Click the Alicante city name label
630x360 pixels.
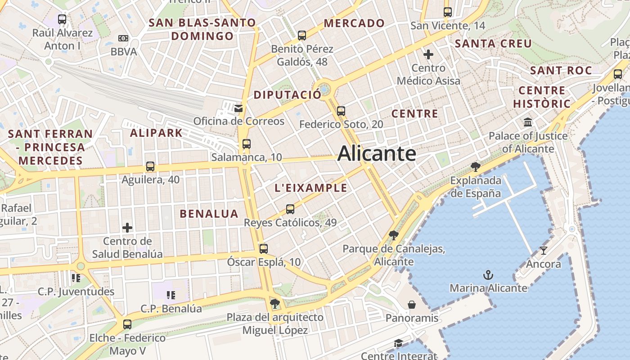pyautogui.click(x=376, y=153)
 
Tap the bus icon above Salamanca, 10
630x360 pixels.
pyautogui.click(x=246, y=144)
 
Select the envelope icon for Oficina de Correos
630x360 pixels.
pyautogui.click(x=238, y=108)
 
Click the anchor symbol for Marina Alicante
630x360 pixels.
pyautogui.click(x=488, y=274)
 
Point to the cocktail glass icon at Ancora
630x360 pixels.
pyautogui.click(x=544, y=250)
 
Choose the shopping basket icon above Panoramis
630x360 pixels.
pyautogui.click(x=411, y=305)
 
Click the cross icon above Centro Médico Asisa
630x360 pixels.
pyautogui.click(x=428, y=54)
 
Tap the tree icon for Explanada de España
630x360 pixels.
pyautogui.click(x=475, y=167)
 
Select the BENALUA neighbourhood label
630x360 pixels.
pyautogui.click(x=209, y=214)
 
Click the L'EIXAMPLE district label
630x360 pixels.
pyautogui.click(x=311, y=188)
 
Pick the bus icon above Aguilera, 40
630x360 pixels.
pyautogui.click(x=150, y=166)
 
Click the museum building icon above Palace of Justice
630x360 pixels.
pyautogui.click(x=528, y=122)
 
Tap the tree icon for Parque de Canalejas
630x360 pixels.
pyautogui.click(x=394, y=235)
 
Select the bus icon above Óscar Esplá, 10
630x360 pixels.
pyautogui.click(x=264, y=248)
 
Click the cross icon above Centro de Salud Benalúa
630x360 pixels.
pyautogui.click(x=127, y=227)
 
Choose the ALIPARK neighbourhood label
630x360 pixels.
pyautogui.click(x=156, y=133)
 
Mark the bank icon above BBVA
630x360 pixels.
pyautogui.click(x=123, y=38)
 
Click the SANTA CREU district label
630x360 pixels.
pyautogui.click(x=493, y=44)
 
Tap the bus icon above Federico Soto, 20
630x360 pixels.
pyautogui.click(x=341, y=111)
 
